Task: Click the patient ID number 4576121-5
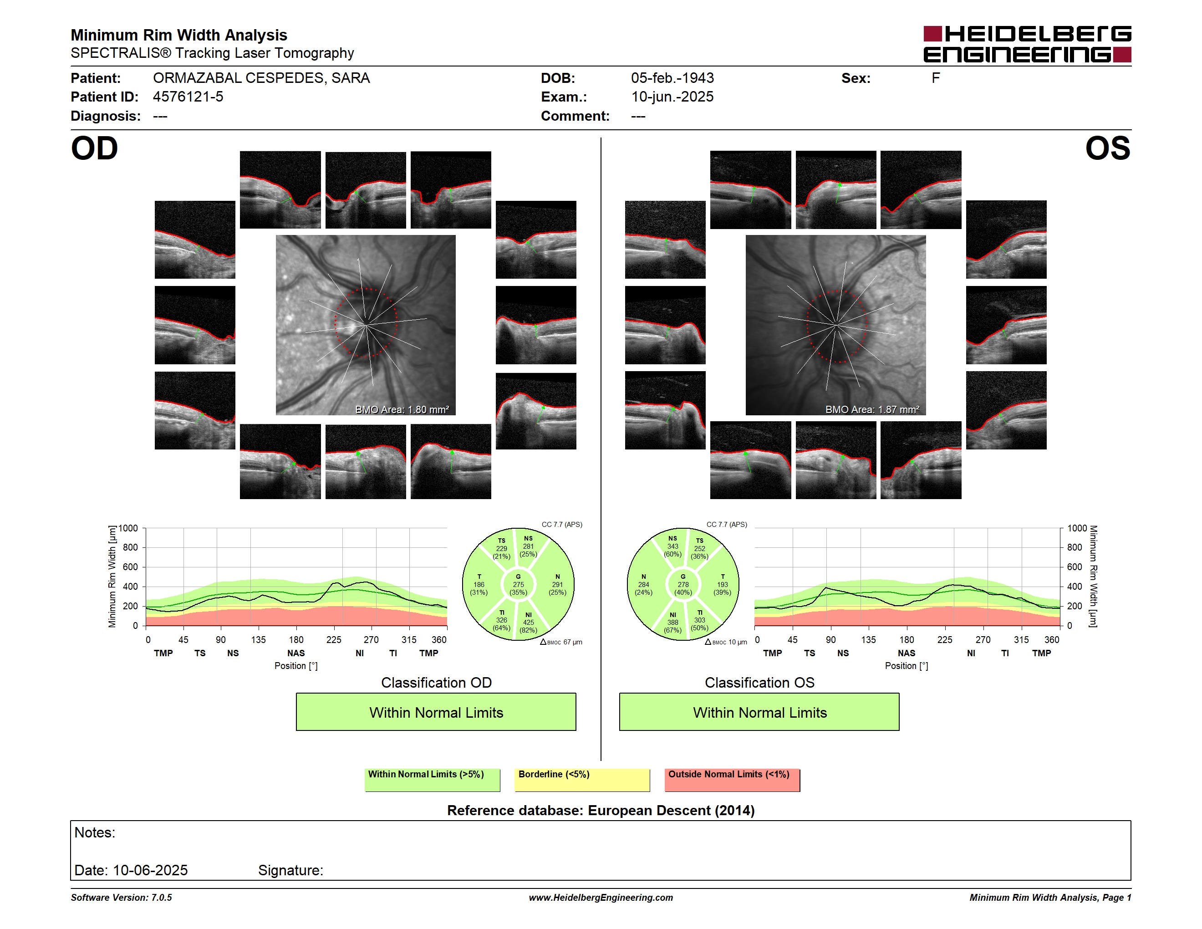pos(188,97)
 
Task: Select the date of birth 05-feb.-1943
pos(672,78)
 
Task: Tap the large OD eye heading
pos(94,148)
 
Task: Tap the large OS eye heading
pos(1107,148)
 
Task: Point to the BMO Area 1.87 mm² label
pos(872,409)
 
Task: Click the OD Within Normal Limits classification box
pos(436,712)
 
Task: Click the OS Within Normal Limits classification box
pos(759,712)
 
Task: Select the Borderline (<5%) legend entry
pos(582,780)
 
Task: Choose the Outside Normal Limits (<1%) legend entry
pos(732,780)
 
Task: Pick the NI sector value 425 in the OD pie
pos(528,623)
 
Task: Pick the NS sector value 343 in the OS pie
pos(672,546)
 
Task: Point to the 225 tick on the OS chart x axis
pos(944,639)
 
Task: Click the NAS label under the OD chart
pos(295,653)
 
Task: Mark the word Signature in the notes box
pos(290,871)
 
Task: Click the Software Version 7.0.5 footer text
pos(121,898)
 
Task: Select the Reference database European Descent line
pos(601,811)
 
